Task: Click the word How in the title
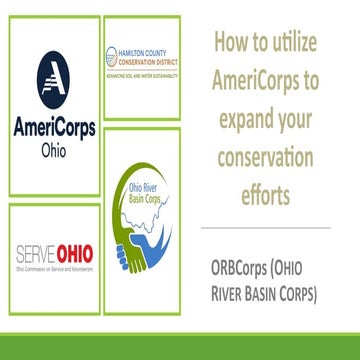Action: [x=229, y=43]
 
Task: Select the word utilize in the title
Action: [x=306, y=43]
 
